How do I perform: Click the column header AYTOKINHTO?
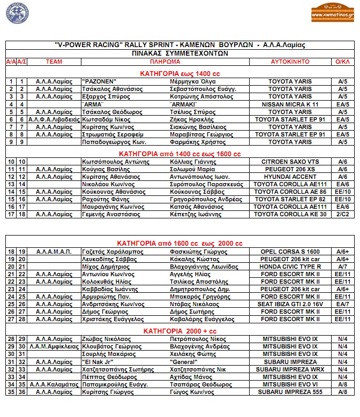pos(289,62)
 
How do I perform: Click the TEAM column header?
pos(54,62)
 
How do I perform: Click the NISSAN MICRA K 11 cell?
pos(289,104)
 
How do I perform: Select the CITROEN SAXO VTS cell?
pos(289,161)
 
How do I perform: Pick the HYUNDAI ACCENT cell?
pos(289,176)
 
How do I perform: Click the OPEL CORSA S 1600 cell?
pos(289,252)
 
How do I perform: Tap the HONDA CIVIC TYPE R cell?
pos(289,267)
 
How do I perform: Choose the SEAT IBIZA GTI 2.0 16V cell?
pos(289,304)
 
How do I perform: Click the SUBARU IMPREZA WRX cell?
pos(289,369)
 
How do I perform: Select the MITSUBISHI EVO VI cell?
pos(289,384)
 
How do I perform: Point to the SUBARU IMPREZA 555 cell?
pos(289,392)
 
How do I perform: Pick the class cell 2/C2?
pos(342,214)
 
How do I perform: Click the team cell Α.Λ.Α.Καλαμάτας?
pos(54,384)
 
